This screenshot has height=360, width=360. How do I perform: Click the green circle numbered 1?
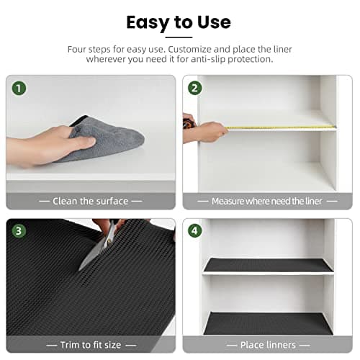[x=19, y=89]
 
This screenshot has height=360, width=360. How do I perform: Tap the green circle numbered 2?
[x=195, y=89]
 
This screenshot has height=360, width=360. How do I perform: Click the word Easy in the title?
[x=147, y=22]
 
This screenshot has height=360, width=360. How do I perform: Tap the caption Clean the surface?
[x=91, y=201]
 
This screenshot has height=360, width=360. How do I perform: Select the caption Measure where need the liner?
[x=267, y=201]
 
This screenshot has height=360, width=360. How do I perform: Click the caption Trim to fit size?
[x=91, y=345]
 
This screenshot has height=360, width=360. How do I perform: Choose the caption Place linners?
[x=267, y=345]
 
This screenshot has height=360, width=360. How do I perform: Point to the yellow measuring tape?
[x=281, y=128]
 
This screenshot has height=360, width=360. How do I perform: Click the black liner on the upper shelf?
[x=268, y=265]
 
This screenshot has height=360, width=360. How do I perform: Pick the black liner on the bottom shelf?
[x=268, y=323]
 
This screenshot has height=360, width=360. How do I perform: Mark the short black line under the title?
[x=179, y=37]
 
